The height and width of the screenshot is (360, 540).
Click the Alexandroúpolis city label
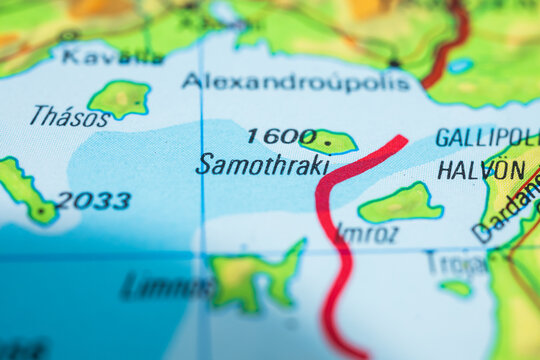[296, 81]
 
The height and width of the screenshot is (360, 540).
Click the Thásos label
[69, 117]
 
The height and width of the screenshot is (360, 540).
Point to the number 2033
[94, 201]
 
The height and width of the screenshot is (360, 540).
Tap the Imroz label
[366, 233]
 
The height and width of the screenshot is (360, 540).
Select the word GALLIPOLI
[486, 138]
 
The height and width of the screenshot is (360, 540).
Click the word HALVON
[481, 170]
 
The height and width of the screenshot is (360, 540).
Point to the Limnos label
[166, 287]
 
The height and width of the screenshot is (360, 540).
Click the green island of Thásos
[121, 98]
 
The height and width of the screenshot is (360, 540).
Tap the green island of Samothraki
[327, 141]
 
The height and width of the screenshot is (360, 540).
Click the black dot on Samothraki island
[327, 142]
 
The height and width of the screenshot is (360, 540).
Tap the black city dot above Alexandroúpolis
[395, 63]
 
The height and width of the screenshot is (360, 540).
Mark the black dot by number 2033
[41, 211]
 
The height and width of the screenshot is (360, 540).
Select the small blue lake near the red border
[460, 66]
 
